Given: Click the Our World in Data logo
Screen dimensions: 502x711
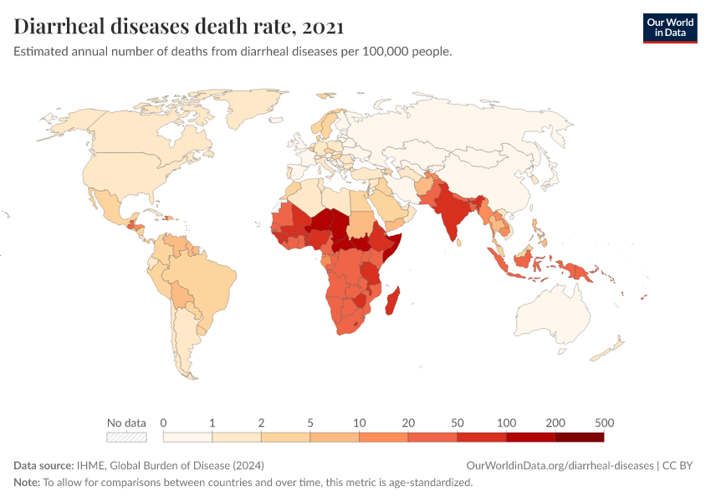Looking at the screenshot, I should (x=669, y=28).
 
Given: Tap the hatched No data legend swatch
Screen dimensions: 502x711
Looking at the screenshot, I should (x=126, y=437).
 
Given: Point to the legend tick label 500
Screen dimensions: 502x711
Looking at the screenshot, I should (x=604, y=423).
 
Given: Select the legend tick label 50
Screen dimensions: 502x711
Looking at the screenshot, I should (x=457, y=423).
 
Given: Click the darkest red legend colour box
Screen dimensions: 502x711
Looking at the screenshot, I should (x=579, y=437).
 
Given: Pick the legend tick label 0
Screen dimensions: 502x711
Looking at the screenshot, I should (x=163, y=423).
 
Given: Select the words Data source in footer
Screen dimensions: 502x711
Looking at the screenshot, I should (x=43, y=465).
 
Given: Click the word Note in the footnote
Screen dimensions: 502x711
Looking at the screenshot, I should (x=26, y=483).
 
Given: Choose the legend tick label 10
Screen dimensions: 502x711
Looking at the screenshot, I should (x=359, y=423).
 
